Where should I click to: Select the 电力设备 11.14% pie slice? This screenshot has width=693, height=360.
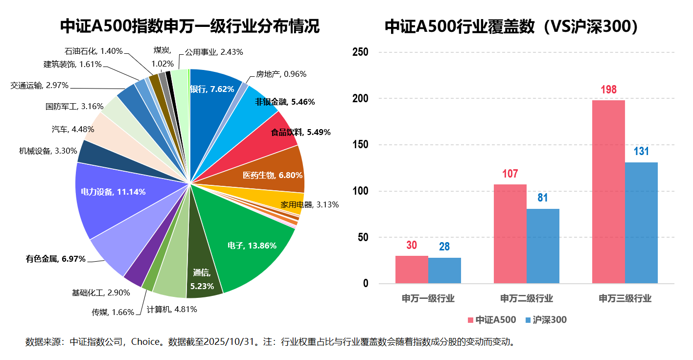(x=113, y=192)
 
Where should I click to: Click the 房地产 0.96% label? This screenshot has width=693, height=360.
(x=281, y=74)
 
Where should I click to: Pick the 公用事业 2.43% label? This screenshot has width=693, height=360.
(x=214, y=52)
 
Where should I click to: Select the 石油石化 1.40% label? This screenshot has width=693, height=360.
(x=93, y=51)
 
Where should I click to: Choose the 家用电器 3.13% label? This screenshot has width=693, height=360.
(x=310, y=204)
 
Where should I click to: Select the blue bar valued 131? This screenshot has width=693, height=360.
(x=641, y=223)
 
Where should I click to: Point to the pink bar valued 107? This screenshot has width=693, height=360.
(x=510, y=234)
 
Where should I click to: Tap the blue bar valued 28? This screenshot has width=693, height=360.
(x=444, y=270)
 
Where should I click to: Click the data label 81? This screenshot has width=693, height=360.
(x=543, y=198)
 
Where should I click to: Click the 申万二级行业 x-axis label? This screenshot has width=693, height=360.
(x=527, y=298)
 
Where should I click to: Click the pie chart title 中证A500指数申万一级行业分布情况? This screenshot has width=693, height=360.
(x=190, y=26)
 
